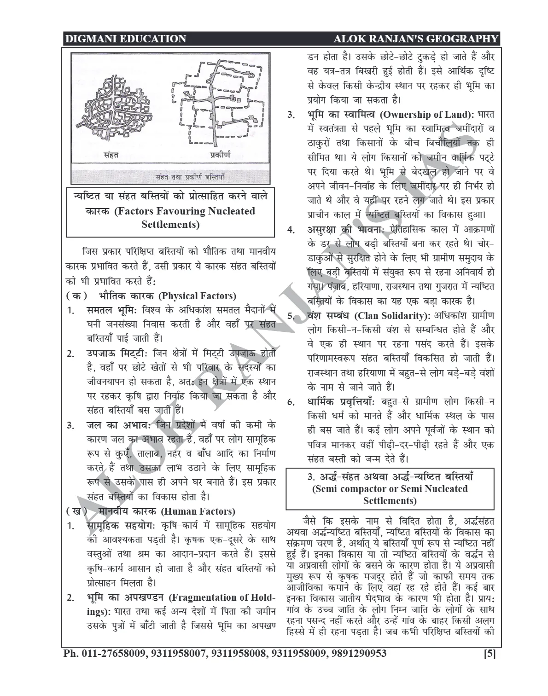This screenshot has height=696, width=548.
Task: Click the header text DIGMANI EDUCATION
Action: coord(125,39)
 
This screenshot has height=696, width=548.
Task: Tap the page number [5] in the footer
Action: coord(490,653)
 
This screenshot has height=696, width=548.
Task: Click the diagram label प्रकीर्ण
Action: coord(221,155)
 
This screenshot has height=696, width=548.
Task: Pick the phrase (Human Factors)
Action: coord(198,511)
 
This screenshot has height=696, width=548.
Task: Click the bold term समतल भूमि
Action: coord(112,310)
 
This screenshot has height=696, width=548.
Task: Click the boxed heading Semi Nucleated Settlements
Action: coord(390,489)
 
